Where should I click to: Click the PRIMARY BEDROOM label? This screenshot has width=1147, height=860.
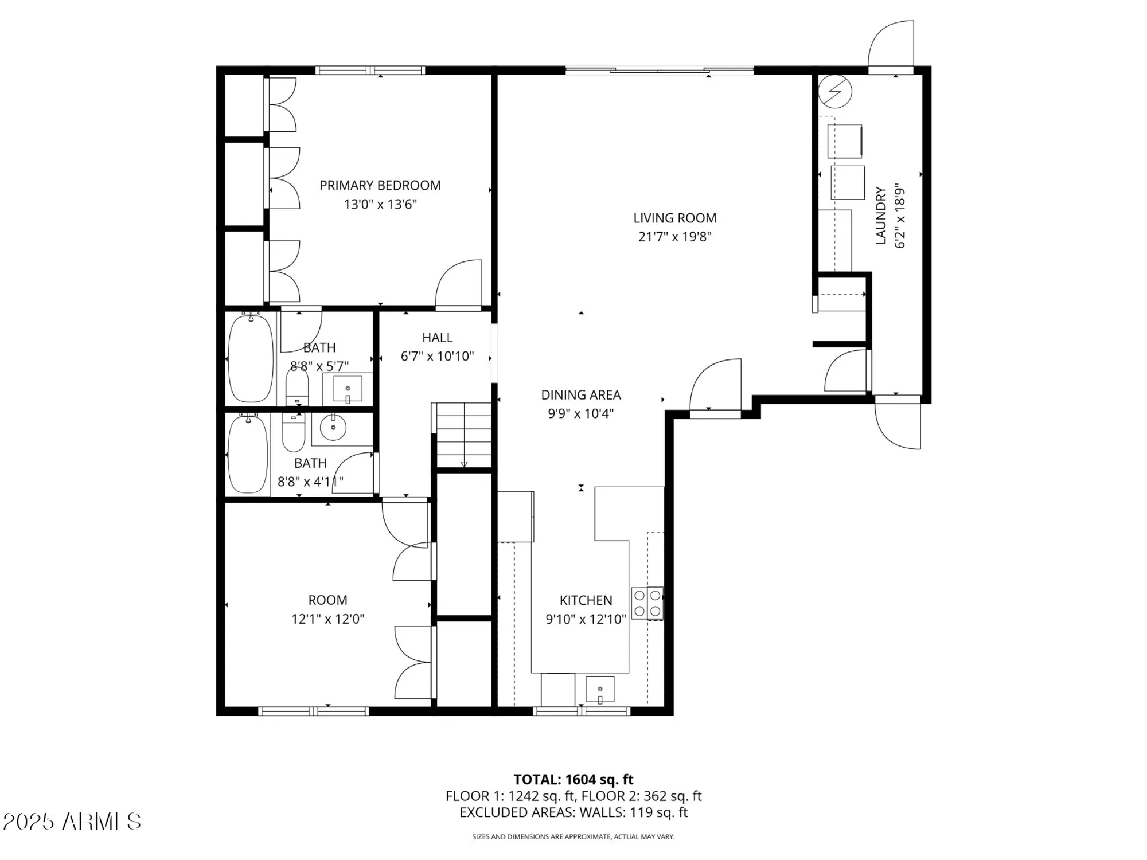(380, 185)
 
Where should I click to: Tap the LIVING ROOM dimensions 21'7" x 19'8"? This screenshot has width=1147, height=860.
(674, 237)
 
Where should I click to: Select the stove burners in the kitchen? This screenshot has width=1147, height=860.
(647, 603)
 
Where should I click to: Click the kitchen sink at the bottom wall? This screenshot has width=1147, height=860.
(600, 689)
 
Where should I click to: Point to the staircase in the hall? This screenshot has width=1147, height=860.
(463, 435)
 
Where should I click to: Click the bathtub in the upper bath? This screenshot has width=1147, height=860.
(251, 359)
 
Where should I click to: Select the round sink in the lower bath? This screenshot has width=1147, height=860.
(333, 427)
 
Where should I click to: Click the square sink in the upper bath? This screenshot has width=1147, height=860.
(348, 389)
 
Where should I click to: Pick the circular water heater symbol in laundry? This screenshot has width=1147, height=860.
(835, 91)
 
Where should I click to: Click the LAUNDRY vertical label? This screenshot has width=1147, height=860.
(881, 216)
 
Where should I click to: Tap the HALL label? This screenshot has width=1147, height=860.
(437, 338)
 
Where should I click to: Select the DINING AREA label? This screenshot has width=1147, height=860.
(580, 395)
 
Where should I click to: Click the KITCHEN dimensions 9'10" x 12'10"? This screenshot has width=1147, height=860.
(586, 619)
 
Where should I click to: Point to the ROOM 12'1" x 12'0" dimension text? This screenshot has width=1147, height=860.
(327, 619)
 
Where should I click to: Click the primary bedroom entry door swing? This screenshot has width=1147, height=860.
(459, 284)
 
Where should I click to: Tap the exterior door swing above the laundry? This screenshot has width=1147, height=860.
(891, 46)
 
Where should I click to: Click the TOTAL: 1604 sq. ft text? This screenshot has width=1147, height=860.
(573, 780)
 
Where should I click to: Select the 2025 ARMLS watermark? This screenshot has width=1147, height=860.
(72, 822)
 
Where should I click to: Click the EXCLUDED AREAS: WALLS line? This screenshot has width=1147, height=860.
(573, 812)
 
